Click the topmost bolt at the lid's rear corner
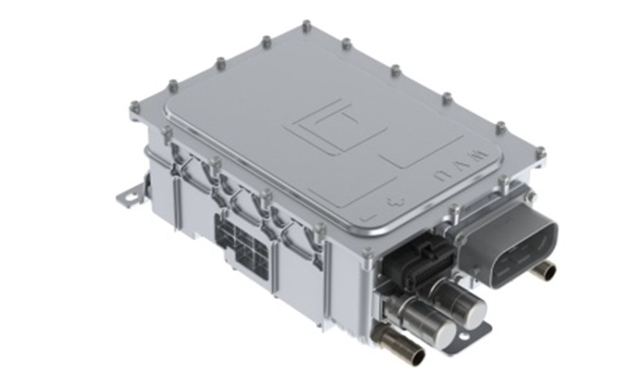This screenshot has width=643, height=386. [x=305, y=26]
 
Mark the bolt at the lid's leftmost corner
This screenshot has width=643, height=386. [x=134, y=106]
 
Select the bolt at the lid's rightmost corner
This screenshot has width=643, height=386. [x=540, y=152]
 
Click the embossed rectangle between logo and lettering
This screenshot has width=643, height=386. [x=419, y=151]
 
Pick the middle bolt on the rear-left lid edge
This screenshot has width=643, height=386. [x=221, y=62]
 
